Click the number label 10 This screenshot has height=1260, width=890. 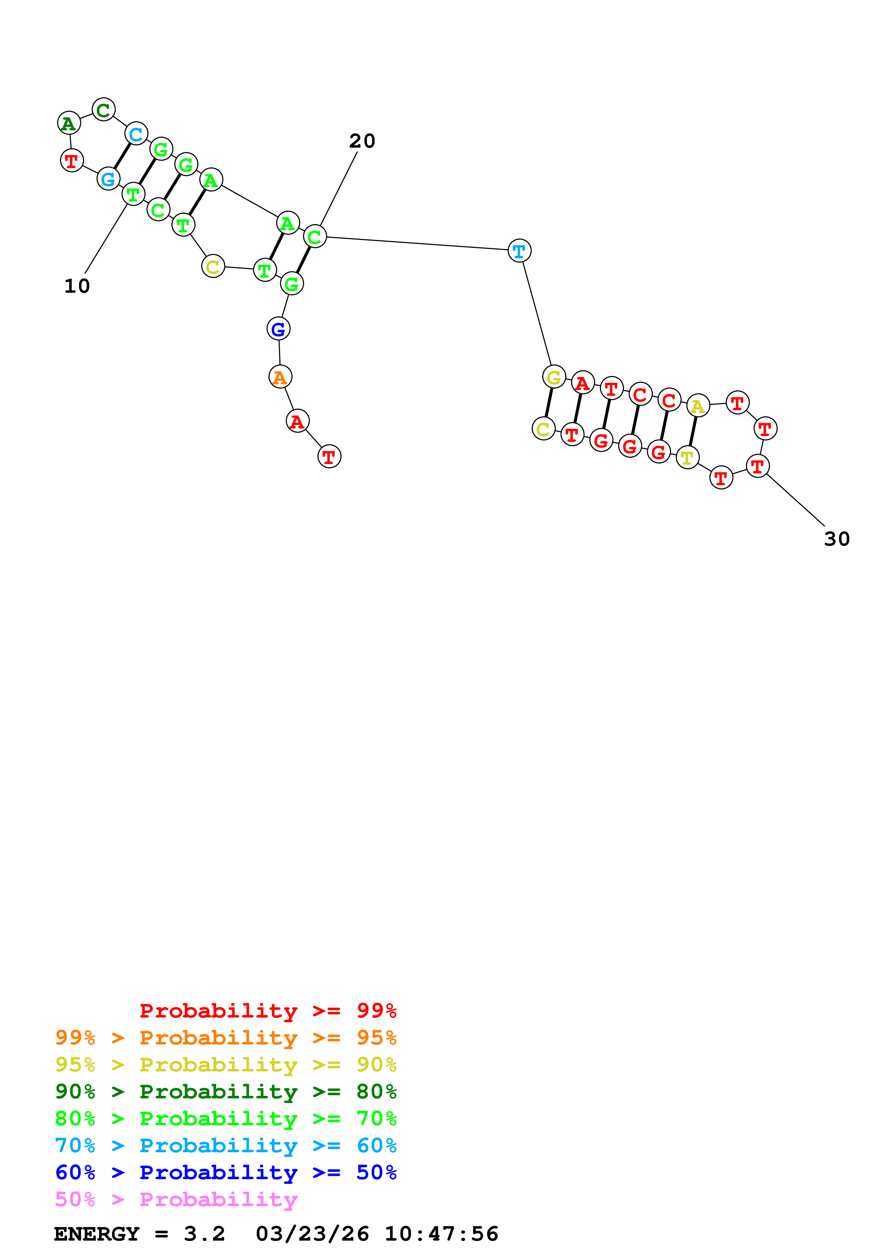click(77, 286)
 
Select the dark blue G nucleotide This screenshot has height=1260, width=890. click(279, 329)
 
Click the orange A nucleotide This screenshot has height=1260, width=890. click(280, 377)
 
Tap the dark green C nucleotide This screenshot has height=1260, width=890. click(104, 110)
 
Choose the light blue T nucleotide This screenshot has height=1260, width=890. click(519, 251)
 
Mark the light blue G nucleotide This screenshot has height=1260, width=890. click(108, 179)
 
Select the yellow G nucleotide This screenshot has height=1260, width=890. click(554, 377)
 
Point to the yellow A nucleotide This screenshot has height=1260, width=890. click(698, 406)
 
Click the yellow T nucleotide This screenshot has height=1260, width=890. click(688, 457)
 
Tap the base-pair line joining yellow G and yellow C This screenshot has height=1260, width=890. click(549, 403)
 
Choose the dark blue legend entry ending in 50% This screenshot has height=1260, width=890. click(225, 1172)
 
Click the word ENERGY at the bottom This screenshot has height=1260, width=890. click(97, 1234)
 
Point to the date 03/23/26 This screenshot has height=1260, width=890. click(312, 1234)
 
